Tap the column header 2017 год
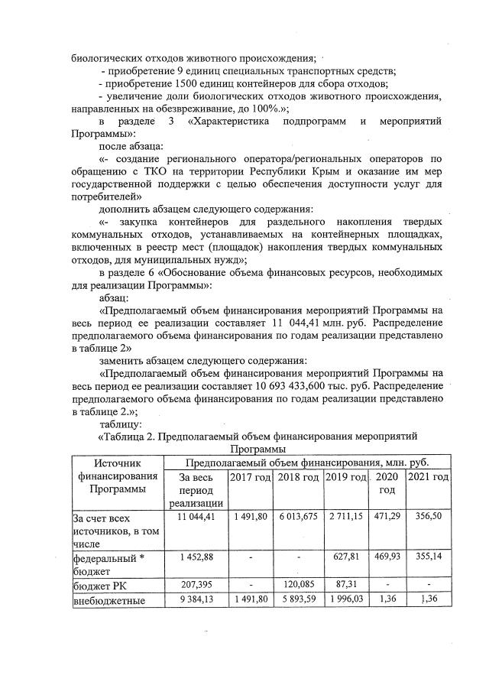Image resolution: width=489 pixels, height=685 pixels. (x=250, y=477)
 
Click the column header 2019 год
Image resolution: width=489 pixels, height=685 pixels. (x=345, y=477)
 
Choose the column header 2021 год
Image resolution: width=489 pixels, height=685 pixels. (x=429, y=477)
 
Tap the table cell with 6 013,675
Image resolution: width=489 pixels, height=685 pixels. (x=298, y=518)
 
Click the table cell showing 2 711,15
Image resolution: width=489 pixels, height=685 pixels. (x=345, y=518)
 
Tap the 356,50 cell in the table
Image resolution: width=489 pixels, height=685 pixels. (x=429, y=518)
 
